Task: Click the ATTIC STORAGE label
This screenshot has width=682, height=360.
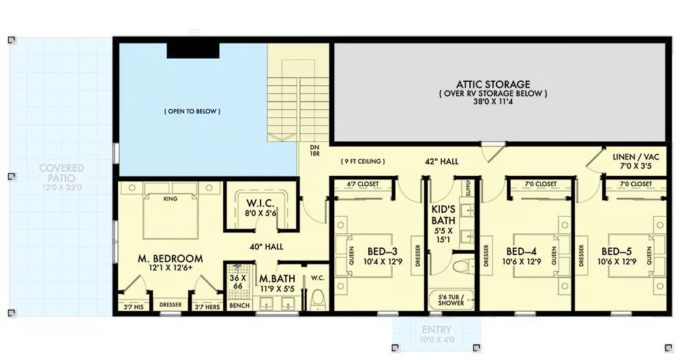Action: click(x=493, y=85)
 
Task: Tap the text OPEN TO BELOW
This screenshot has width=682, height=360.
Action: click(x=192, y=111)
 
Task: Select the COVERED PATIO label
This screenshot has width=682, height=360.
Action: click(x=62, y=173)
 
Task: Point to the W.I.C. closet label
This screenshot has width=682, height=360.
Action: click(x=260, y=203)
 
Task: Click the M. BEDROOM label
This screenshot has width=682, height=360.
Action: click(x=170, y=258)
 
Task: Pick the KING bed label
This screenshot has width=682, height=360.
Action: click(x=170, y=198)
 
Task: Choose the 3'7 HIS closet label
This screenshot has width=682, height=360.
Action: click(x=134, y=307)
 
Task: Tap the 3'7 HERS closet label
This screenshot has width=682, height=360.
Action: click(x=207, y=307)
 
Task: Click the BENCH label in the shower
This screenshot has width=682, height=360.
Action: click(x=239, y=305)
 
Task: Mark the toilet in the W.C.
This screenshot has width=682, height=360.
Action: click(x=318, y=299)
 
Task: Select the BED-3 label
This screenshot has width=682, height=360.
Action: click(x=383, y=252)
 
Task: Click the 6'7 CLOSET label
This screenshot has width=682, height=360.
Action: click(x=364, y=184)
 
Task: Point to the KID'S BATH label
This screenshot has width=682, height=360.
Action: click(x=443, y=215)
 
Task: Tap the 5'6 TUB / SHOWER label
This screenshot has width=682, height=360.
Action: click(x=451, y=300)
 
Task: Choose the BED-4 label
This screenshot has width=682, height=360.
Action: click(x=521, y=252)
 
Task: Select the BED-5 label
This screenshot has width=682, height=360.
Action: click(x=617, y=252)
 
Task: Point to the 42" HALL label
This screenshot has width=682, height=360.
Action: click(x=442, y=162)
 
